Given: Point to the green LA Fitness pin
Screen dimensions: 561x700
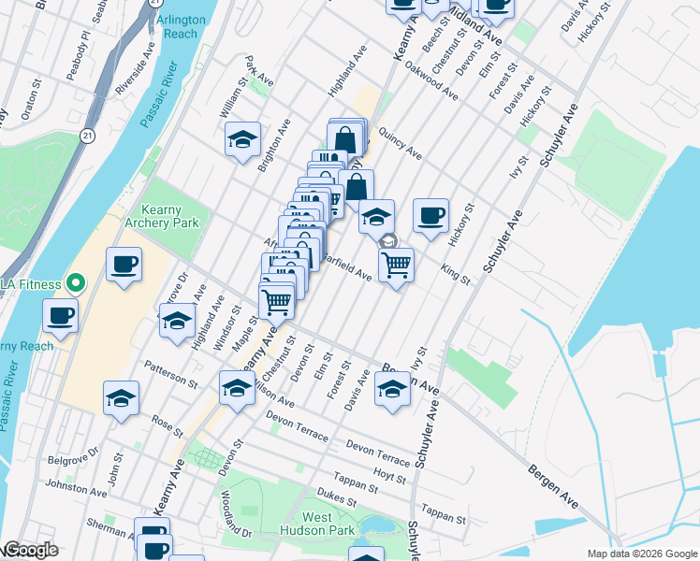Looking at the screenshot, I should point(76,283).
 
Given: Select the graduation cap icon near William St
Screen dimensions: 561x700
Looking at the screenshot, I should point(242,142).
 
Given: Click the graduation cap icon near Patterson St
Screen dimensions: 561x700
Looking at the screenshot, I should point(122,399).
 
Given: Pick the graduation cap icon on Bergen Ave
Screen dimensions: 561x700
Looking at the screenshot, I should point(393,390).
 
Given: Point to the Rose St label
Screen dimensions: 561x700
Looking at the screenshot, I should point(167,424).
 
